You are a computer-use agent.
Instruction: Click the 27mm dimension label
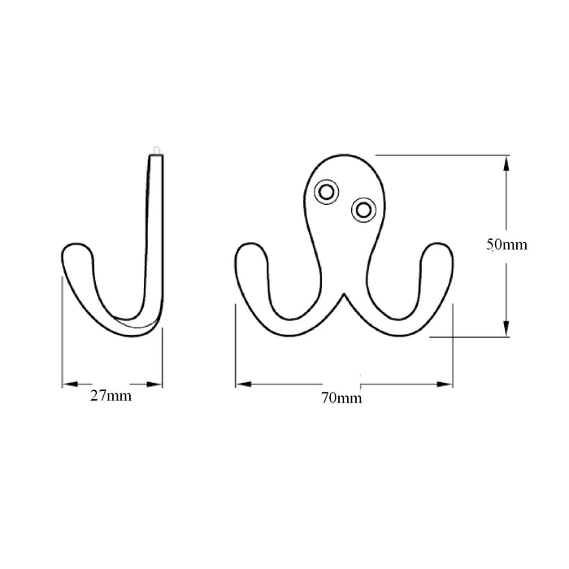click(x=112, y=397)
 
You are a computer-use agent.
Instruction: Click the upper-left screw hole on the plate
click(x=327, y=190)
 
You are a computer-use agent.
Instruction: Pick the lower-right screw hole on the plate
click(x=363, y=210)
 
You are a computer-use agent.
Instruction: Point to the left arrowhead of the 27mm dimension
click(x=67, y=383)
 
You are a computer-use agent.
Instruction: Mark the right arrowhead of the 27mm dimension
click(x=157, y=383)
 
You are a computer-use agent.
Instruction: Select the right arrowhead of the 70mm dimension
click(x=448, y=383)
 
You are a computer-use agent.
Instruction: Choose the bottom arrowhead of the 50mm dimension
click(x=506, y=329)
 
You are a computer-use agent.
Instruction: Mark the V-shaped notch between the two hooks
click(x=344, y=294)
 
